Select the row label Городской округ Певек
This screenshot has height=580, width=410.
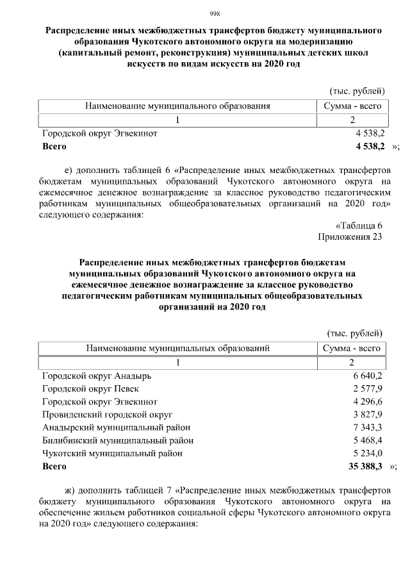[x=90, y=388]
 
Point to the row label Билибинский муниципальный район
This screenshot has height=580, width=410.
[x=118, y=440]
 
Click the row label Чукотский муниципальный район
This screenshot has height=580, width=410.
[x=112, y=453]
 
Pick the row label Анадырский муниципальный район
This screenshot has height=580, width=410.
[x=116, y=427]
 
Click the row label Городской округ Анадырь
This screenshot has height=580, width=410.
[x=96, y=376]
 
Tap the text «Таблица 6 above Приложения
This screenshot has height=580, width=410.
[x=359, y=226]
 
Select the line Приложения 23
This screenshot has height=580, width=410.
[x=350, y=237]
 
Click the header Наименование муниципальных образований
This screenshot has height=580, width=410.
[x=177, y=349]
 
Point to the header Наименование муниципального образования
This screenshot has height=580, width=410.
[x=177, y=106]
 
